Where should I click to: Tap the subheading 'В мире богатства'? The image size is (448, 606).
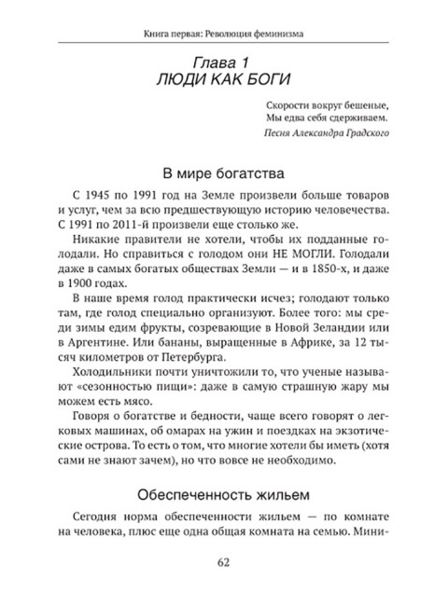click(x=223, y=172)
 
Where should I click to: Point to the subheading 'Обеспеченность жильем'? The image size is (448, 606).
click(x=223, y=492)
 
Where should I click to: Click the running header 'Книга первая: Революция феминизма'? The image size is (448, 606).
click(x=223, y=35)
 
